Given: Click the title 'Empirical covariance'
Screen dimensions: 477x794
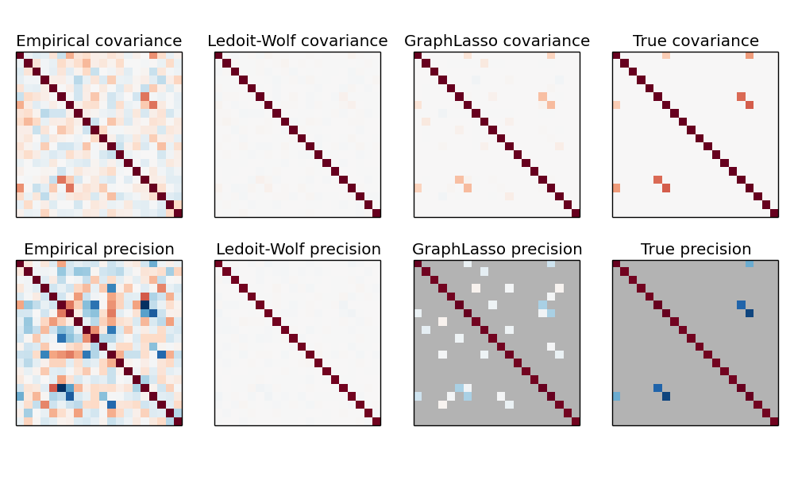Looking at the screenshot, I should coord(98,41).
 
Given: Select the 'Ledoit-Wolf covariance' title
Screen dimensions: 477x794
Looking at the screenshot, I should coord(298,41).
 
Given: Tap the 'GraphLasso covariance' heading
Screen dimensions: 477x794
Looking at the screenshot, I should coord(497,41).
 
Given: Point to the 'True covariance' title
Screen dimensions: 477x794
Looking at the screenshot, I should coord(696,41).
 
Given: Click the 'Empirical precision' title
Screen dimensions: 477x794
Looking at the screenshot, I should coord(98,250).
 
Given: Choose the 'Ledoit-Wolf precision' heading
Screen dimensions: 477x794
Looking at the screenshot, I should coord(298,250).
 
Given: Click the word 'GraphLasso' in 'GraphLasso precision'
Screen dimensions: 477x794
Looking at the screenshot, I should coord(459,250).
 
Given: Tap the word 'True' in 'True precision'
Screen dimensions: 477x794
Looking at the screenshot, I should coord(657,250).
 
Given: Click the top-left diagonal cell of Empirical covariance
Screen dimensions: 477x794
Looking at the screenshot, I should coord(20,56).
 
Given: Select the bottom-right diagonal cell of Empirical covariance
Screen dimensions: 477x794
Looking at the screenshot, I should coord(178,212).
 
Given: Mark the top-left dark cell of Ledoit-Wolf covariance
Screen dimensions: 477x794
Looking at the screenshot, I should coord(218,56).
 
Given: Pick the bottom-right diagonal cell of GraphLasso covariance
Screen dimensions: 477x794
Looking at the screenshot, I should coord(576,212).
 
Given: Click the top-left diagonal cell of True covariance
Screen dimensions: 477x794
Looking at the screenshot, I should coord(616,56).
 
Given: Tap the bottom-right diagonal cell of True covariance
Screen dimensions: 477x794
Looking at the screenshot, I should coord(774,212).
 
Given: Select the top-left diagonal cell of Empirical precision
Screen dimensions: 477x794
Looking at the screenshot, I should coord(20,264).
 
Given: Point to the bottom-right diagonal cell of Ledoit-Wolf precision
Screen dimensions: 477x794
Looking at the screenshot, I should coord(376,421).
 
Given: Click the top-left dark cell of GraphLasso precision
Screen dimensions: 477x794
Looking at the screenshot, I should coord(418,264).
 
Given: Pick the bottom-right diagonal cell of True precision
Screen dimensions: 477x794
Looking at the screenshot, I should coord(774,421).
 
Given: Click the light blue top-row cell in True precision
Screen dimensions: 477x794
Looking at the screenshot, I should coord(750,264).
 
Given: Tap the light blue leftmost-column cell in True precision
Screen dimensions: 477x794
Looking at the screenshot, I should coord(616,396).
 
